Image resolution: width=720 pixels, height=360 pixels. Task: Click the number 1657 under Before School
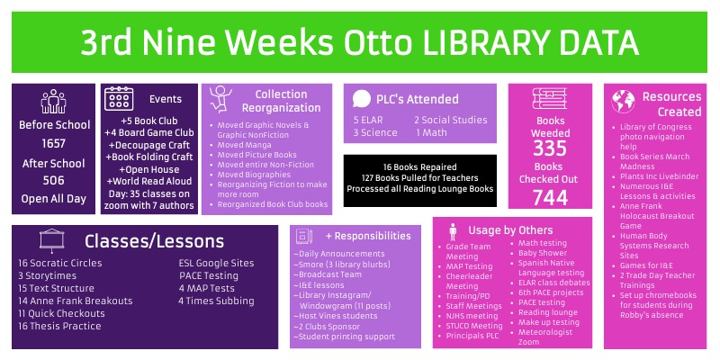[54, 143]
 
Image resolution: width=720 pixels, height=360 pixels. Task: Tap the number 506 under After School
[54, 181]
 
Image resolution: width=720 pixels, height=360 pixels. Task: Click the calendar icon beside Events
[120, 99]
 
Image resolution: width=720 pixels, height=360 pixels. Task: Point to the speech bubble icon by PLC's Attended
[362, 98]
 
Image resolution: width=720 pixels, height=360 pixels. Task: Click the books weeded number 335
[549, 147]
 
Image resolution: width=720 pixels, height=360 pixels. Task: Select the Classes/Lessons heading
[154, 240]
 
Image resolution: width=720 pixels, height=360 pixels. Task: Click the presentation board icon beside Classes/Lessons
[51, 240]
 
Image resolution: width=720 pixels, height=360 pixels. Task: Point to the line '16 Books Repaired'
[419, 166]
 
